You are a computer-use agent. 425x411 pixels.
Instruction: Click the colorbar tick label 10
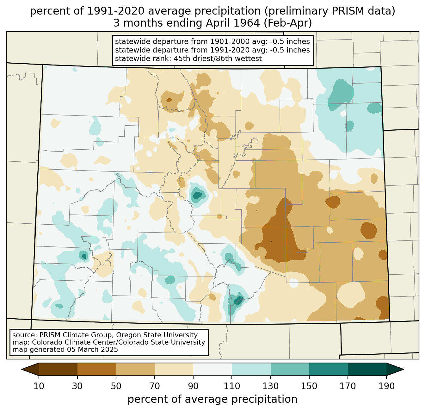click(x=39, y=386)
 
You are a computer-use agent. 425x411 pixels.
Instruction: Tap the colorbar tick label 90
click(x=193, y=386)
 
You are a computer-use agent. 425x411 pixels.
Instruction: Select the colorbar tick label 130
click(x=270, y=386)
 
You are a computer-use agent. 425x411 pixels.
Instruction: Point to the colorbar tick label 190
click(x=386, y=386)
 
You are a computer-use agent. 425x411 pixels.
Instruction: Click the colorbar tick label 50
click(x=116, y=386)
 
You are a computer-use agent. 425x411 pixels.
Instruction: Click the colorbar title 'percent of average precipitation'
click(x=212, y=399)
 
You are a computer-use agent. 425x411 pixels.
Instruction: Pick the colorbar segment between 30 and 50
click(x=97, y=369)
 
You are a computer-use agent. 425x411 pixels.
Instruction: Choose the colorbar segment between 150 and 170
click(x=329, y=369)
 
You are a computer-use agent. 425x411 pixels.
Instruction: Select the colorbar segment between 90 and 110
click(x=212, y=369)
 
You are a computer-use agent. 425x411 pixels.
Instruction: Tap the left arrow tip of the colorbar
click(x=22, y=369)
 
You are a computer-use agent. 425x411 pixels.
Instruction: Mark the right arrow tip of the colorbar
click(x=403, y=369)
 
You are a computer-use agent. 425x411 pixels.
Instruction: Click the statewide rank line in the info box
click(x=188, y=59)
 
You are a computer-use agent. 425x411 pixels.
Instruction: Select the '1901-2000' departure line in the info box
click(x=212, y=41)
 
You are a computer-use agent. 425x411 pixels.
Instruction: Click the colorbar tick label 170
click(x=348, y=386)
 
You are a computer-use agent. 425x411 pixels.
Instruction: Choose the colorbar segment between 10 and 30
click(x=58, y=369)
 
